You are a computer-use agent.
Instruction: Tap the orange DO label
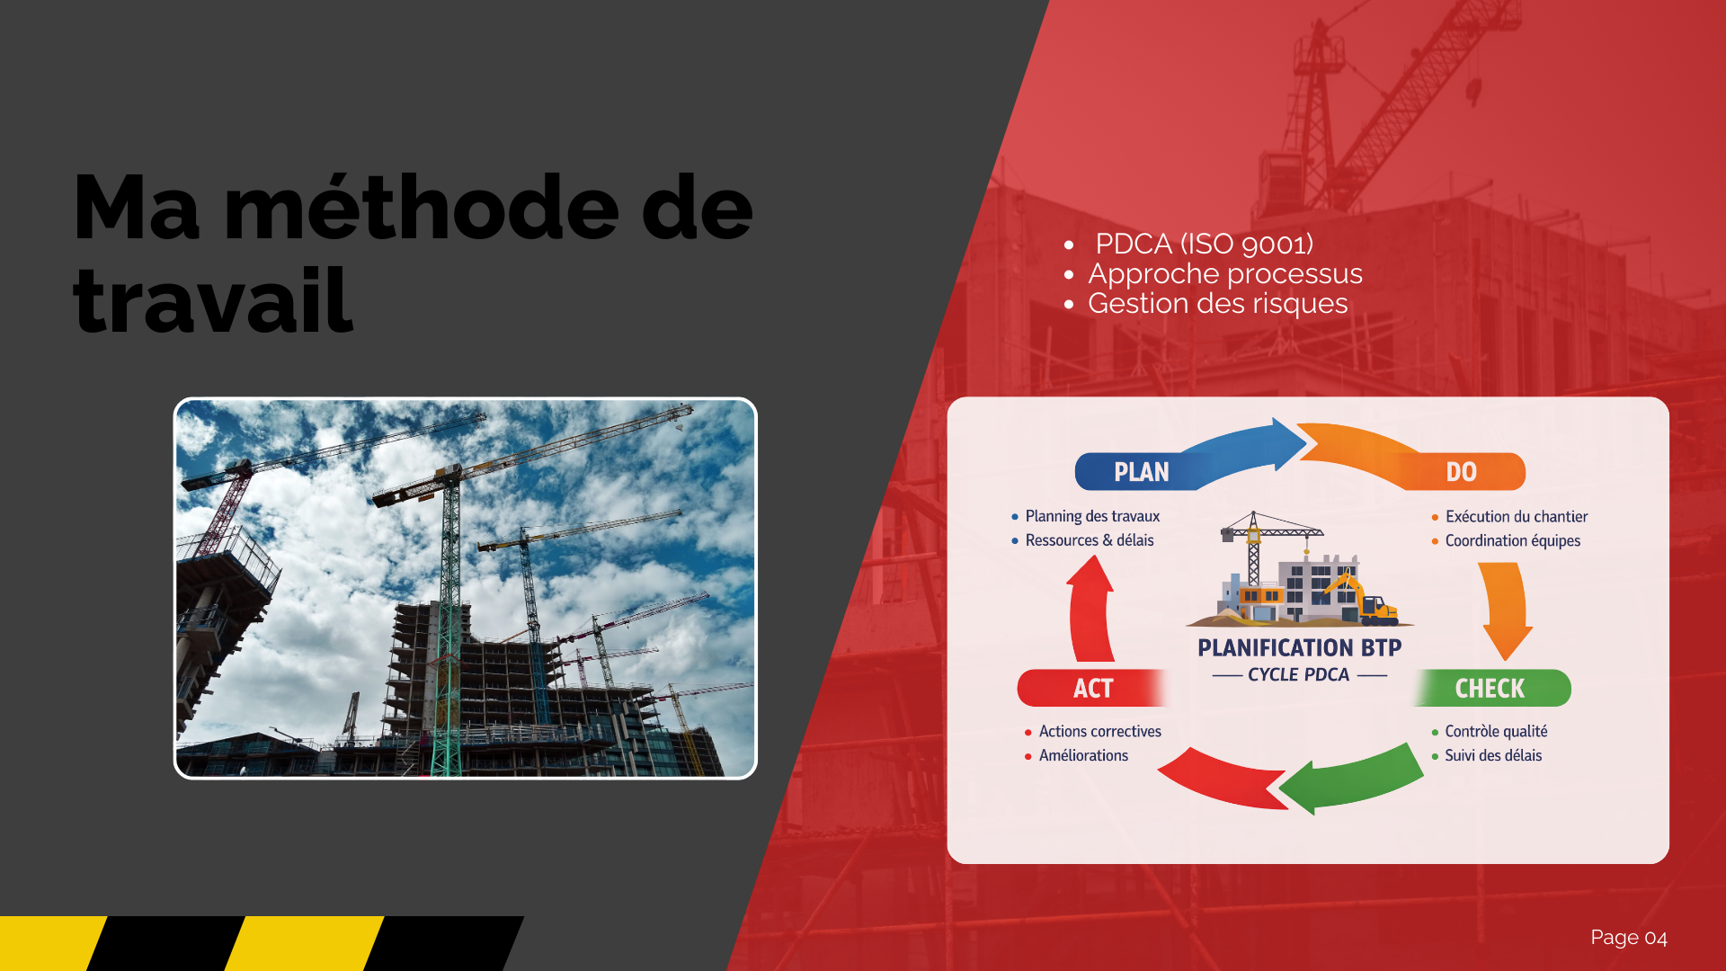pos(1461,472)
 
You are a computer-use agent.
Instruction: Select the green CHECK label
pos(1490,689)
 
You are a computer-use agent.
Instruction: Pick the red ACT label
pos(1093,689)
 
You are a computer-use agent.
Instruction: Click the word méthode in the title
pos(421,209)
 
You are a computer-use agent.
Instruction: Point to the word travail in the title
pos(213,300)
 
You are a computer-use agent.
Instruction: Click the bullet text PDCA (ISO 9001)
pos(1204,244)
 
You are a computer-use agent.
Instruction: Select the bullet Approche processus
pos(1225,273)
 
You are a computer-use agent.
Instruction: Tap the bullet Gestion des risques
pos(1218,304)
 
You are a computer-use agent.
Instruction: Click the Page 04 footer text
pos(1629,938)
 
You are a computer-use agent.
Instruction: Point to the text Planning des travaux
pos(1092,516)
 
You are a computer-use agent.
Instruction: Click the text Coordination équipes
pos(1513,540)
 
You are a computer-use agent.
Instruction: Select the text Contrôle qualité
pos(1496,731)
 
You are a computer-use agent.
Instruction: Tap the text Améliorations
pos(1083,755)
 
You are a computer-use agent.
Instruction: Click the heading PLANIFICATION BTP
pos(1299,647)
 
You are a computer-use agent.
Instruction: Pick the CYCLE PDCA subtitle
pos(1298,674)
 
